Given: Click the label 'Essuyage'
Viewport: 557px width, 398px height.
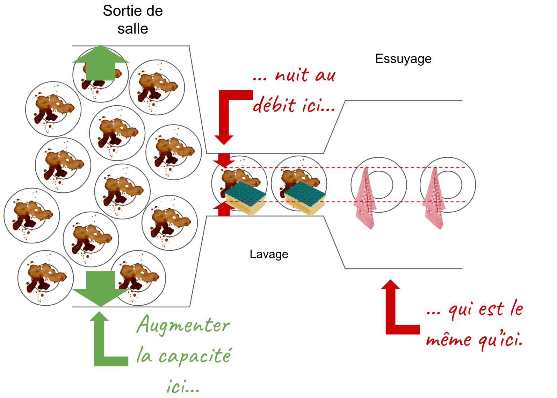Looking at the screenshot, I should [x=403, y=59].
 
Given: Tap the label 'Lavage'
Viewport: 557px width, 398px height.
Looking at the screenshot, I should [x=269, y=254].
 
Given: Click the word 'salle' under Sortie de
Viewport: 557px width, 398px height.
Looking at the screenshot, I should [x=132, y=29].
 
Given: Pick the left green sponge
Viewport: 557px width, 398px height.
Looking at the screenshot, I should [x=245, y=198].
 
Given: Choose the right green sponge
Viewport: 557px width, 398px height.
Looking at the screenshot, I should [x=305, y=198].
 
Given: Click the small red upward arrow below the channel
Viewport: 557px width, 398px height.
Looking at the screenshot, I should [x=224, y=209].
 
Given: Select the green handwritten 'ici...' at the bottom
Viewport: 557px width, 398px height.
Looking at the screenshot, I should [x=183, y=387].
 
